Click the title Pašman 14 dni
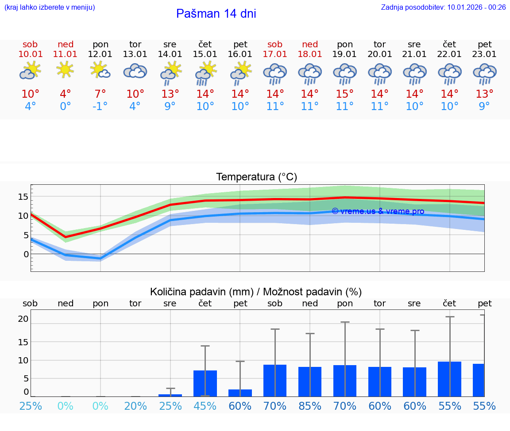coord(216,14)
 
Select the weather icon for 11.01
coord(65,69)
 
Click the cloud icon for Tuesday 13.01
coord(135,71)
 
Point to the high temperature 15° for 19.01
coord(344,94)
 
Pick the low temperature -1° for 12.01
coord(100,107)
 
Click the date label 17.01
coord(275,54)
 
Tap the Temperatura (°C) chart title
coord(256,177)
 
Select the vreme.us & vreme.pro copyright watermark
coord(378,211)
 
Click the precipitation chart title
coord(256,292)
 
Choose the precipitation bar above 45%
coord(205,383)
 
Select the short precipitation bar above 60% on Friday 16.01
coord(240,393)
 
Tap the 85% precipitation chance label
coord(310,406)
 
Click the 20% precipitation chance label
coord(135,406)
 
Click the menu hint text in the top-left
coord(50,7)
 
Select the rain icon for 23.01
coord(484,73)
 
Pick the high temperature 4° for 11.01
coord(65,94)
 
